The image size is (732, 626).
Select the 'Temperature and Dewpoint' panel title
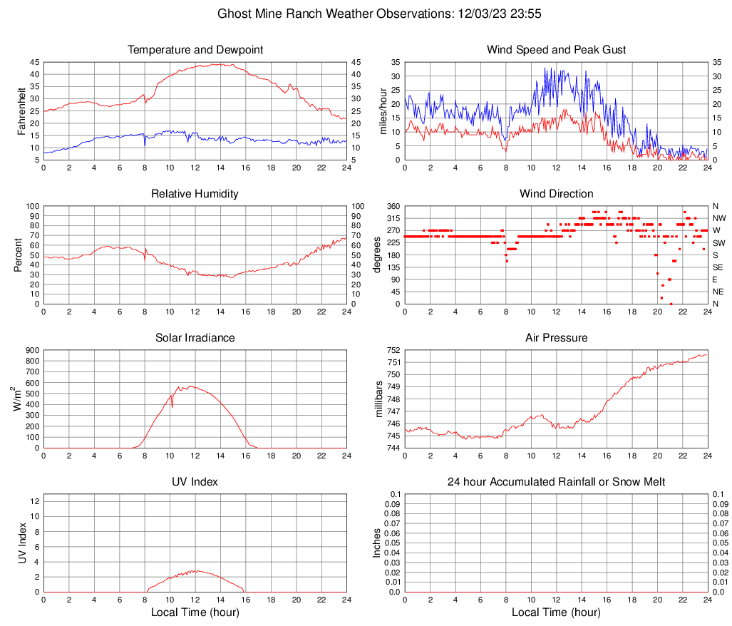195,50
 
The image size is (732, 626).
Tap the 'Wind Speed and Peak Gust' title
557,50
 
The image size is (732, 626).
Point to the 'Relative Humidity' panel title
195,194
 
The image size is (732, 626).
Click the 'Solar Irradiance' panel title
195,338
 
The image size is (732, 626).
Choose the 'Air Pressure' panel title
557,338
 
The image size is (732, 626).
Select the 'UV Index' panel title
195,482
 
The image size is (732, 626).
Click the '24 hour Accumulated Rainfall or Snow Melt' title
557,482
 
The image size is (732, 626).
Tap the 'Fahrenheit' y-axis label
21,111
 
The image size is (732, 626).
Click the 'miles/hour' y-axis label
383,111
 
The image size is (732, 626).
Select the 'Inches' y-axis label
377,543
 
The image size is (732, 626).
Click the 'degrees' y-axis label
377,255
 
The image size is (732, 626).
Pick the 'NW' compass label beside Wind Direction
718,218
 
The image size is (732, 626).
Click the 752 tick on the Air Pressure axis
393,350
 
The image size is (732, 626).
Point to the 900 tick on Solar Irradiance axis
32,350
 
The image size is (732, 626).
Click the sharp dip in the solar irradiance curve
172,406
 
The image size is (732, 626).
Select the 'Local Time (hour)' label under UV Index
195,612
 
